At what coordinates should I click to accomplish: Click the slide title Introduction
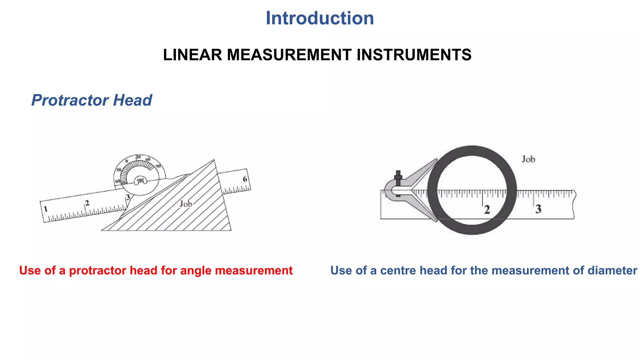[320, 18]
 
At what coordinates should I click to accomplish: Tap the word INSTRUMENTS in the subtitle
[414, 55]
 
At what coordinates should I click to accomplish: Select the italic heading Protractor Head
[92, 100]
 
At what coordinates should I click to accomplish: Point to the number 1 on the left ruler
[46, 209]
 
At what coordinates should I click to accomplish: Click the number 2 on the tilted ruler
[87, 203]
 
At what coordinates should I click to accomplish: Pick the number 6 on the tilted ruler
[245, 179]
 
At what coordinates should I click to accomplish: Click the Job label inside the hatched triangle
[186, 204]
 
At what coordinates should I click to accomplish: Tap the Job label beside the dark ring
[528, 159]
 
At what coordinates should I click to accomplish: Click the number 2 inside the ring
[487, 209]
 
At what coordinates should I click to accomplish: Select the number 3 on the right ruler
[538, 209]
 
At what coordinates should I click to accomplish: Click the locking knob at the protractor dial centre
[140, 181]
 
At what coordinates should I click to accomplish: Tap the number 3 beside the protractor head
[128, 197]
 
